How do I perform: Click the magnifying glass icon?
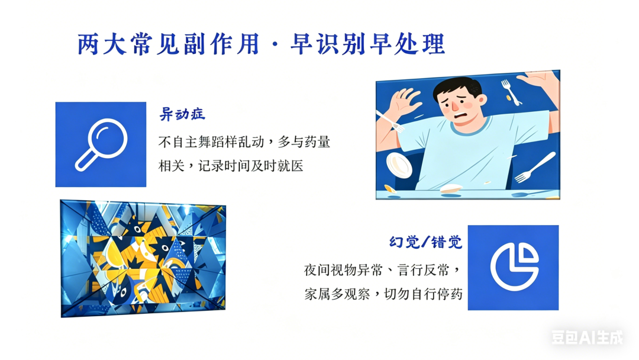coord(101,144)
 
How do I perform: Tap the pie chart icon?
coord(514,267)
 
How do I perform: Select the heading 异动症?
coord(182,114)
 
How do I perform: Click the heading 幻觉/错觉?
coord(425,242)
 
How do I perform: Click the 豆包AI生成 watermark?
coord(588,337)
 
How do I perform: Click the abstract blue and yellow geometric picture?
coord(143,258)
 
